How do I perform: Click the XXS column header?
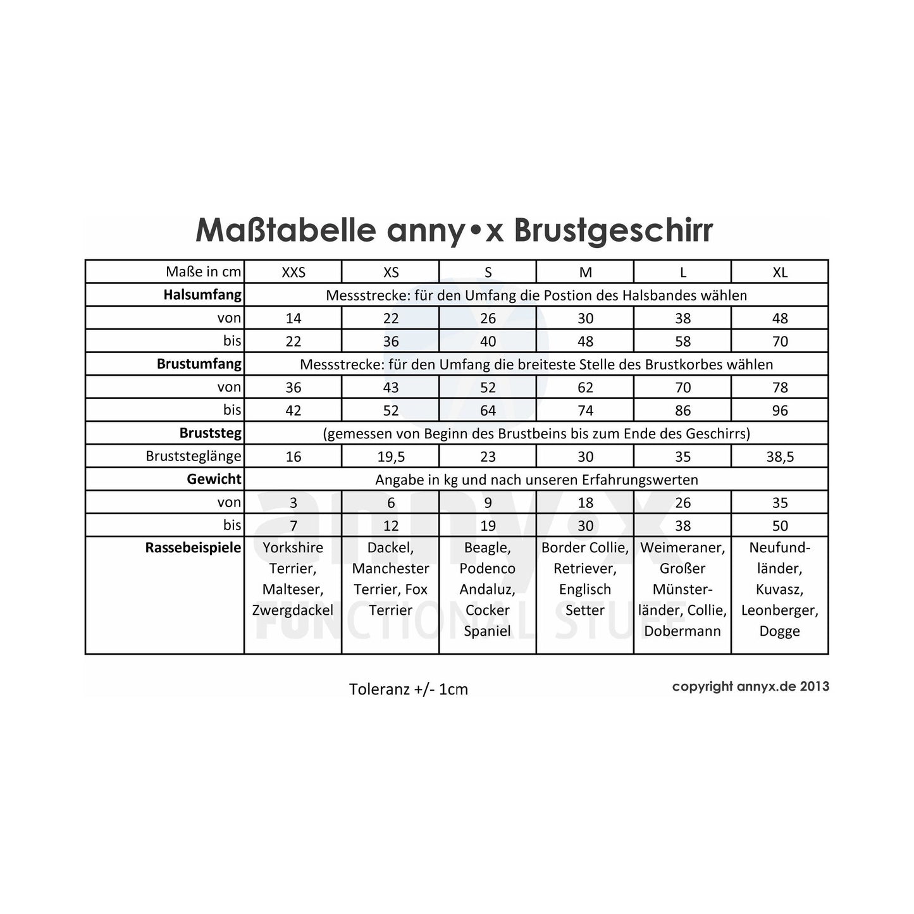pos(293,272)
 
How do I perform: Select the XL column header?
pos(780,272)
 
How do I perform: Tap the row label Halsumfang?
pos(202,295)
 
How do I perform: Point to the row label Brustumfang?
pos(199,364)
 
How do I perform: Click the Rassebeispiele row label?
pos(193,548)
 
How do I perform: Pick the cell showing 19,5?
pos(391,457)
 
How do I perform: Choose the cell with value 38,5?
pos(780,457)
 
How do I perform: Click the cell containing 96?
pos(780,411)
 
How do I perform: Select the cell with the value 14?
pos(293,318)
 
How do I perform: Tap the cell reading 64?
pos(488,411)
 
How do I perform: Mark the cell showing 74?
pos(585,411)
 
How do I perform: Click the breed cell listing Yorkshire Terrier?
pos(293,579)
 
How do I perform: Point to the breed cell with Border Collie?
pos(585,579)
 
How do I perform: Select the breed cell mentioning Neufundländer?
pos(780,589)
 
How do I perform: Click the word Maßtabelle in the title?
pos(285,230)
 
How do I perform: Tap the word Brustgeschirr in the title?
pos(613,232)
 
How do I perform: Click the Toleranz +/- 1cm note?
pos(408,689)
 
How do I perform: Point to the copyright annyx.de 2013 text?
pos(750,686)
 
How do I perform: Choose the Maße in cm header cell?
pos(203,272)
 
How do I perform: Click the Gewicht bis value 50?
pos(780,526)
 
